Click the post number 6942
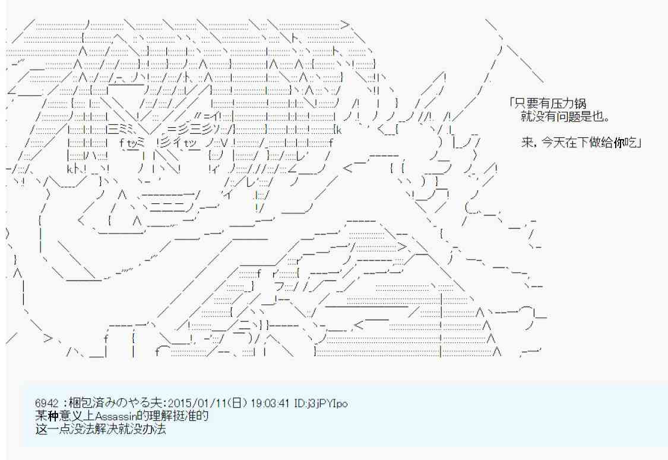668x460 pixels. pos(46,403)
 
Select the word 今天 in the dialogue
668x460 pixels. pos(550,143)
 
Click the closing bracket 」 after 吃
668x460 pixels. pos(640,143)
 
